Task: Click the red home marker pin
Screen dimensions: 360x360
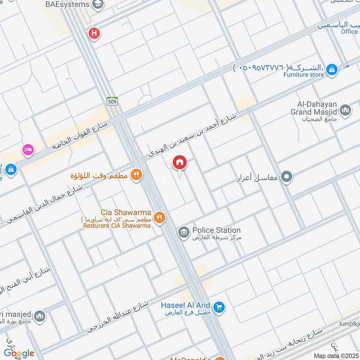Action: [x=180, y=162]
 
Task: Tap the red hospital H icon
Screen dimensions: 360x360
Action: [x=94, y=33]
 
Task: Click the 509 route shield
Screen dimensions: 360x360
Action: [x=112, y=102]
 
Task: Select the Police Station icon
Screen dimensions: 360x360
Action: [x=183, y=232]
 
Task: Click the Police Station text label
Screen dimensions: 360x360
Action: [x=216, y=230]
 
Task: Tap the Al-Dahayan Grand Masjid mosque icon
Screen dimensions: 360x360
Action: [x=346, y=110]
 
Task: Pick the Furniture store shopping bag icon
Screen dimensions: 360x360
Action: [x=332, y=69]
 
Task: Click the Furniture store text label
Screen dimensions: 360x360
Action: [x=303, y=75]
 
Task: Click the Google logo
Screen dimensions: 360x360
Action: [x=19, y=353]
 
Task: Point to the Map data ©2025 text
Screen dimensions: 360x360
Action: [x=335, y=356]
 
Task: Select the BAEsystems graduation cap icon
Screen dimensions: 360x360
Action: [x=97, y=4]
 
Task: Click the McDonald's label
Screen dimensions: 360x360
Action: [x=191, y=358]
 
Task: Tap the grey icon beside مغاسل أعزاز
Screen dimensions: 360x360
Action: [x=286, y=177]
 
